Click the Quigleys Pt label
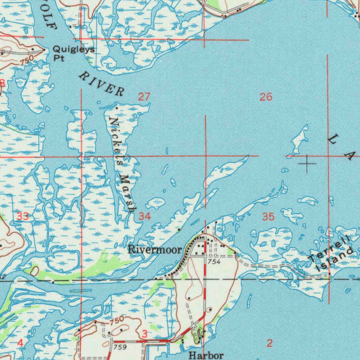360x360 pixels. pos(73,53)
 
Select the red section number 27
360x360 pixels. pos(144,97)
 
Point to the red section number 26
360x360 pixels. pos(266,97)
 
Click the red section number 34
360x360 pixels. pos(144,216)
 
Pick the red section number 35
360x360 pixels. pos(268,217)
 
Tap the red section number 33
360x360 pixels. pos(22,216)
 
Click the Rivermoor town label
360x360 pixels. pos(155,250)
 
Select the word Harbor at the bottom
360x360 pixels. pos(206,355)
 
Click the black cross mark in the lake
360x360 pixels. pos(307,163)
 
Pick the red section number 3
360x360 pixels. pos(144,334)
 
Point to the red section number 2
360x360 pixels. pos(269,343)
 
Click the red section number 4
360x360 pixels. pos(20,343)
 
